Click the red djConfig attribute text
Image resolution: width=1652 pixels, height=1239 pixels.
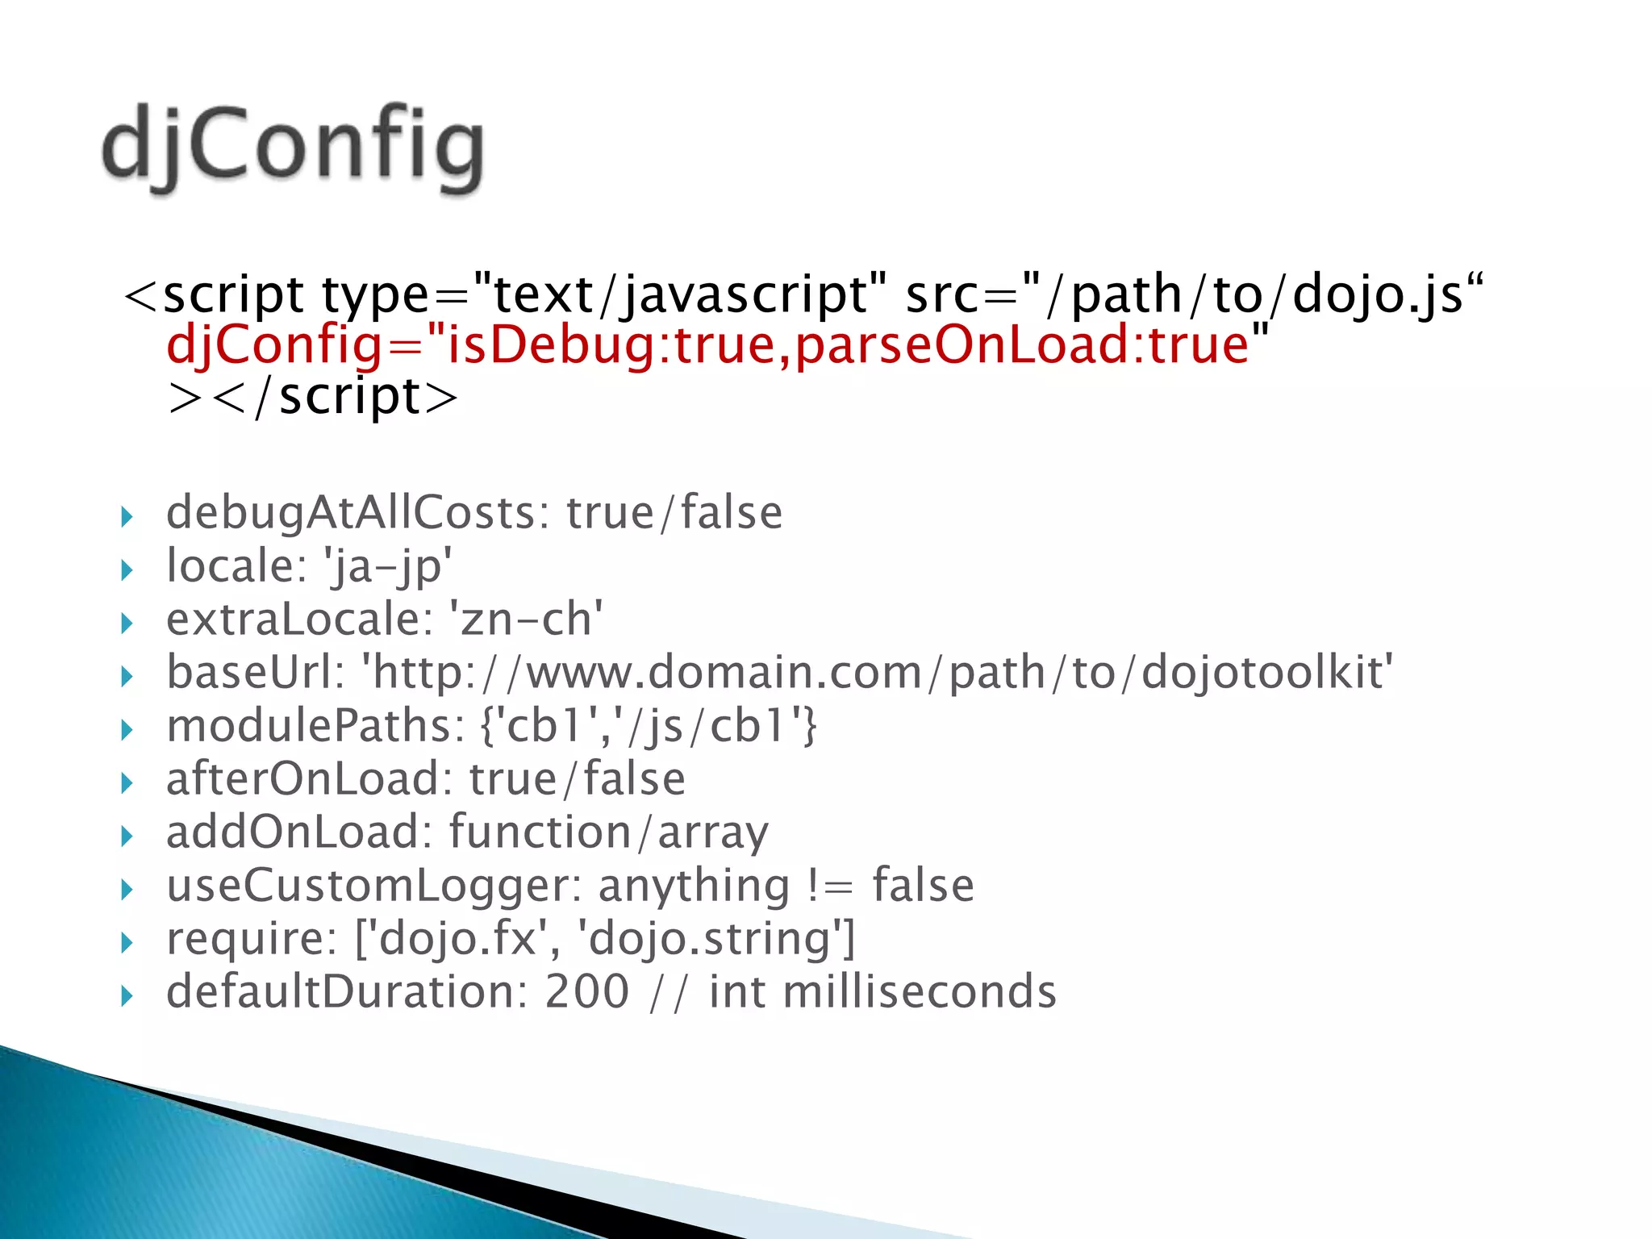pyautogui.click(x=717, y=345)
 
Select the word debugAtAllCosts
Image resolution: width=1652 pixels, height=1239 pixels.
pyautogui.click(x=350, y=513)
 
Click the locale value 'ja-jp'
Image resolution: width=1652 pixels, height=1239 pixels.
pyautogui.click(x=388, y=566)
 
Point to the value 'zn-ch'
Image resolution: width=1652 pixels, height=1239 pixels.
pyautogui.click(x=525, y=619)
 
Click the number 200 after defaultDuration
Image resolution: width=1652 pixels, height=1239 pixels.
pyautogui.click(x=586, y=991)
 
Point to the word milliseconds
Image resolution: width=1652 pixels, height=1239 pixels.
pyautogui.click(x=920, y=991)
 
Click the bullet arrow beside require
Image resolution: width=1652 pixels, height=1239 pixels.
pyautogui.click(x=126, y=942)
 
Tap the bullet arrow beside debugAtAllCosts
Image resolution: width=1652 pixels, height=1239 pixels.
pyautogui.click(x=126, y=516)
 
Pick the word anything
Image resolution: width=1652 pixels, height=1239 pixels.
pyautogui.click(x=694, y=886)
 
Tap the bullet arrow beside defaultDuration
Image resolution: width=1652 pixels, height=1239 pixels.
pyautogui.click(x=126, y=995)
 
